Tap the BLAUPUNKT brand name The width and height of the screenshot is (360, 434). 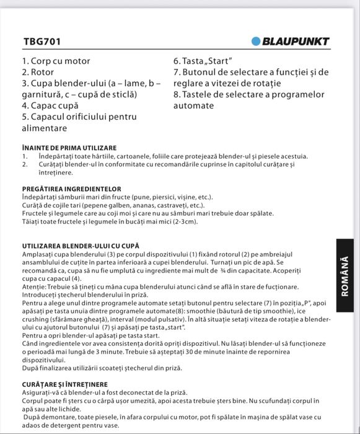pos(296,42)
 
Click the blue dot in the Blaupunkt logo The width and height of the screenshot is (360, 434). pos(257,42)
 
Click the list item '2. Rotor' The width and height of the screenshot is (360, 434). pos(38,72)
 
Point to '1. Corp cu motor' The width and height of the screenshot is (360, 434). pos(56,61)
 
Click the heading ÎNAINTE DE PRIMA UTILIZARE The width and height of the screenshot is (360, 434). pos(69,148)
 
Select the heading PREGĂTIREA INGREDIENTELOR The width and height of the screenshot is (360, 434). pos(71,188)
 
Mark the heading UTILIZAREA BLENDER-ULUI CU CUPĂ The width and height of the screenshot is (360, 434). pos(81,246)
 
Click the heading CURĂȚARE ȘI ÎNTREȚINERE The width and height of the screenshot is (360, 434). pos(64,384)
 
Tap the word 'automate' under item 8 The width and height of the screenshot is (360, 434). pos(193,105)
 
